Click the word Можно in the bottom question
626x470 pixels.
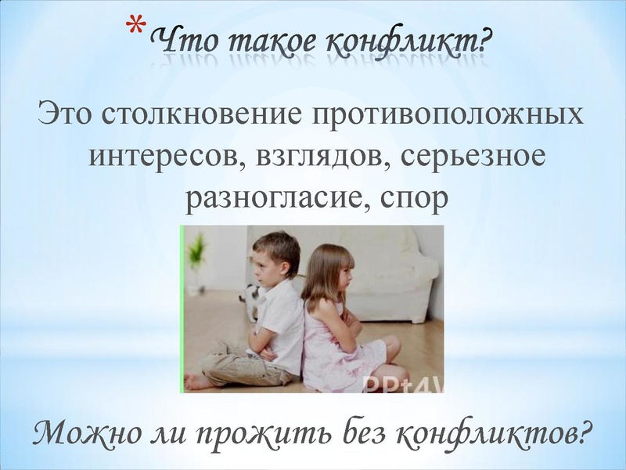(83, 433)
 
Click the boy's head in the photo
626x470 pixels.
(275, 258)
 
